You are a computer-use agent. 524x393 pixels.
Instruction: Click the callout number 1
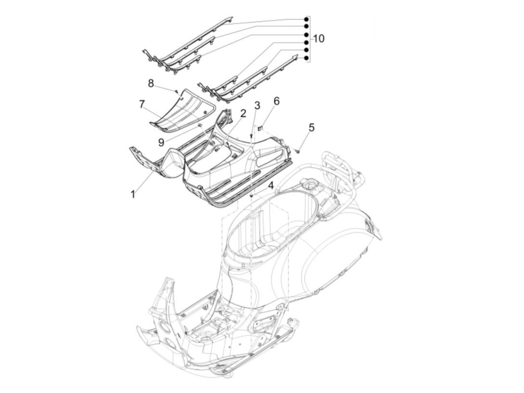pyautogui.click(x=132, y=194)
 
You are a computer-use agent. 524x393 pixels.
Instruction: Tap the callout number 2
pyautogui.click(x=243, y=113)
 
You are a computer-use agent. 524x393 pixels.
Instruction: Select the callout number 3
pyautogui.click(x=257, y=105)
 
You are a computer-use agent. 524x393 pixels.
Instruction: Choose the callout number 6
pyautogui.click(x=276, y=100)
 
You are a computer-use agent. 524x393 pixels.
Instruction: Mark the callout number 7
pyautogui.click(x=141, y=104)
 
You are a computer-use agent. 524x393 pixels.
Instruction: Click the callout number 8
pyautogui.click(x=151, y=83)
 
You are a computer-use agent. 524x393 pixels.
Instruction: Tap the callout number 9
pyautogui.click(x=161, y=142)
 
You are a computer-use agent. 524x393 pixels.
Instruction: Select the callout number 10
pyautogui.click(x=319, y=38)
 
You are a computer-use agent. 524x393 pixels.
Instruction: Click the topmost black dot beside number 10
pyautogui.click(x=306, y=19)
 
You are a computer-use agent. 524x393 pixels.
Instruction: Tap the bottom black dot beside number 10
pyautogui.click(x=306, y=58)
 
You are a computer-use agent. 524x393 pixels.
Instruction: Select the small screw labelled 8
pyautogui.click(x=175, y=90)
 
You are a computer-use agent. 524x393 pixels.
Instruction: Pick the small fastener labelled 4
pyautogui.click(x=252, y=195)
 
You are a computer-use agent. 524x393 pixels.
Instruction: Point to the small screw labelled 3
pyautogui.click(x=251, y=136)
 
